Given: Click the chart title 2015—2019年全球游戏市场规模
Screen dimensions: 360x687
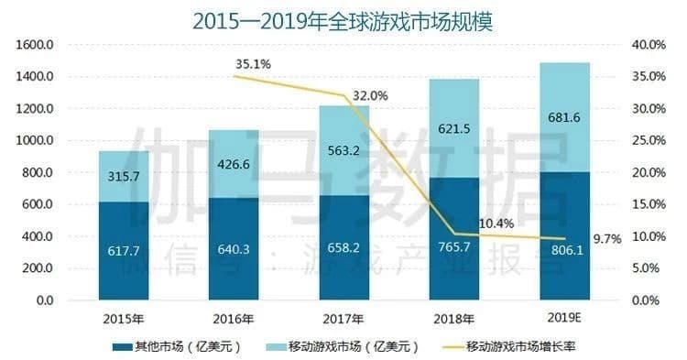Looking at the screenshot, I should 343,21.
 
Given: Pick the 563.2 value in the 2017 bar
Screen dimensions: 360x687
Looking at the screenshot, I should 345,154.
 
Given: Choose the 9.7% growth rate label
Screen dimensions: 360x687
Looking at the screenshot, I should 607,238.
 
